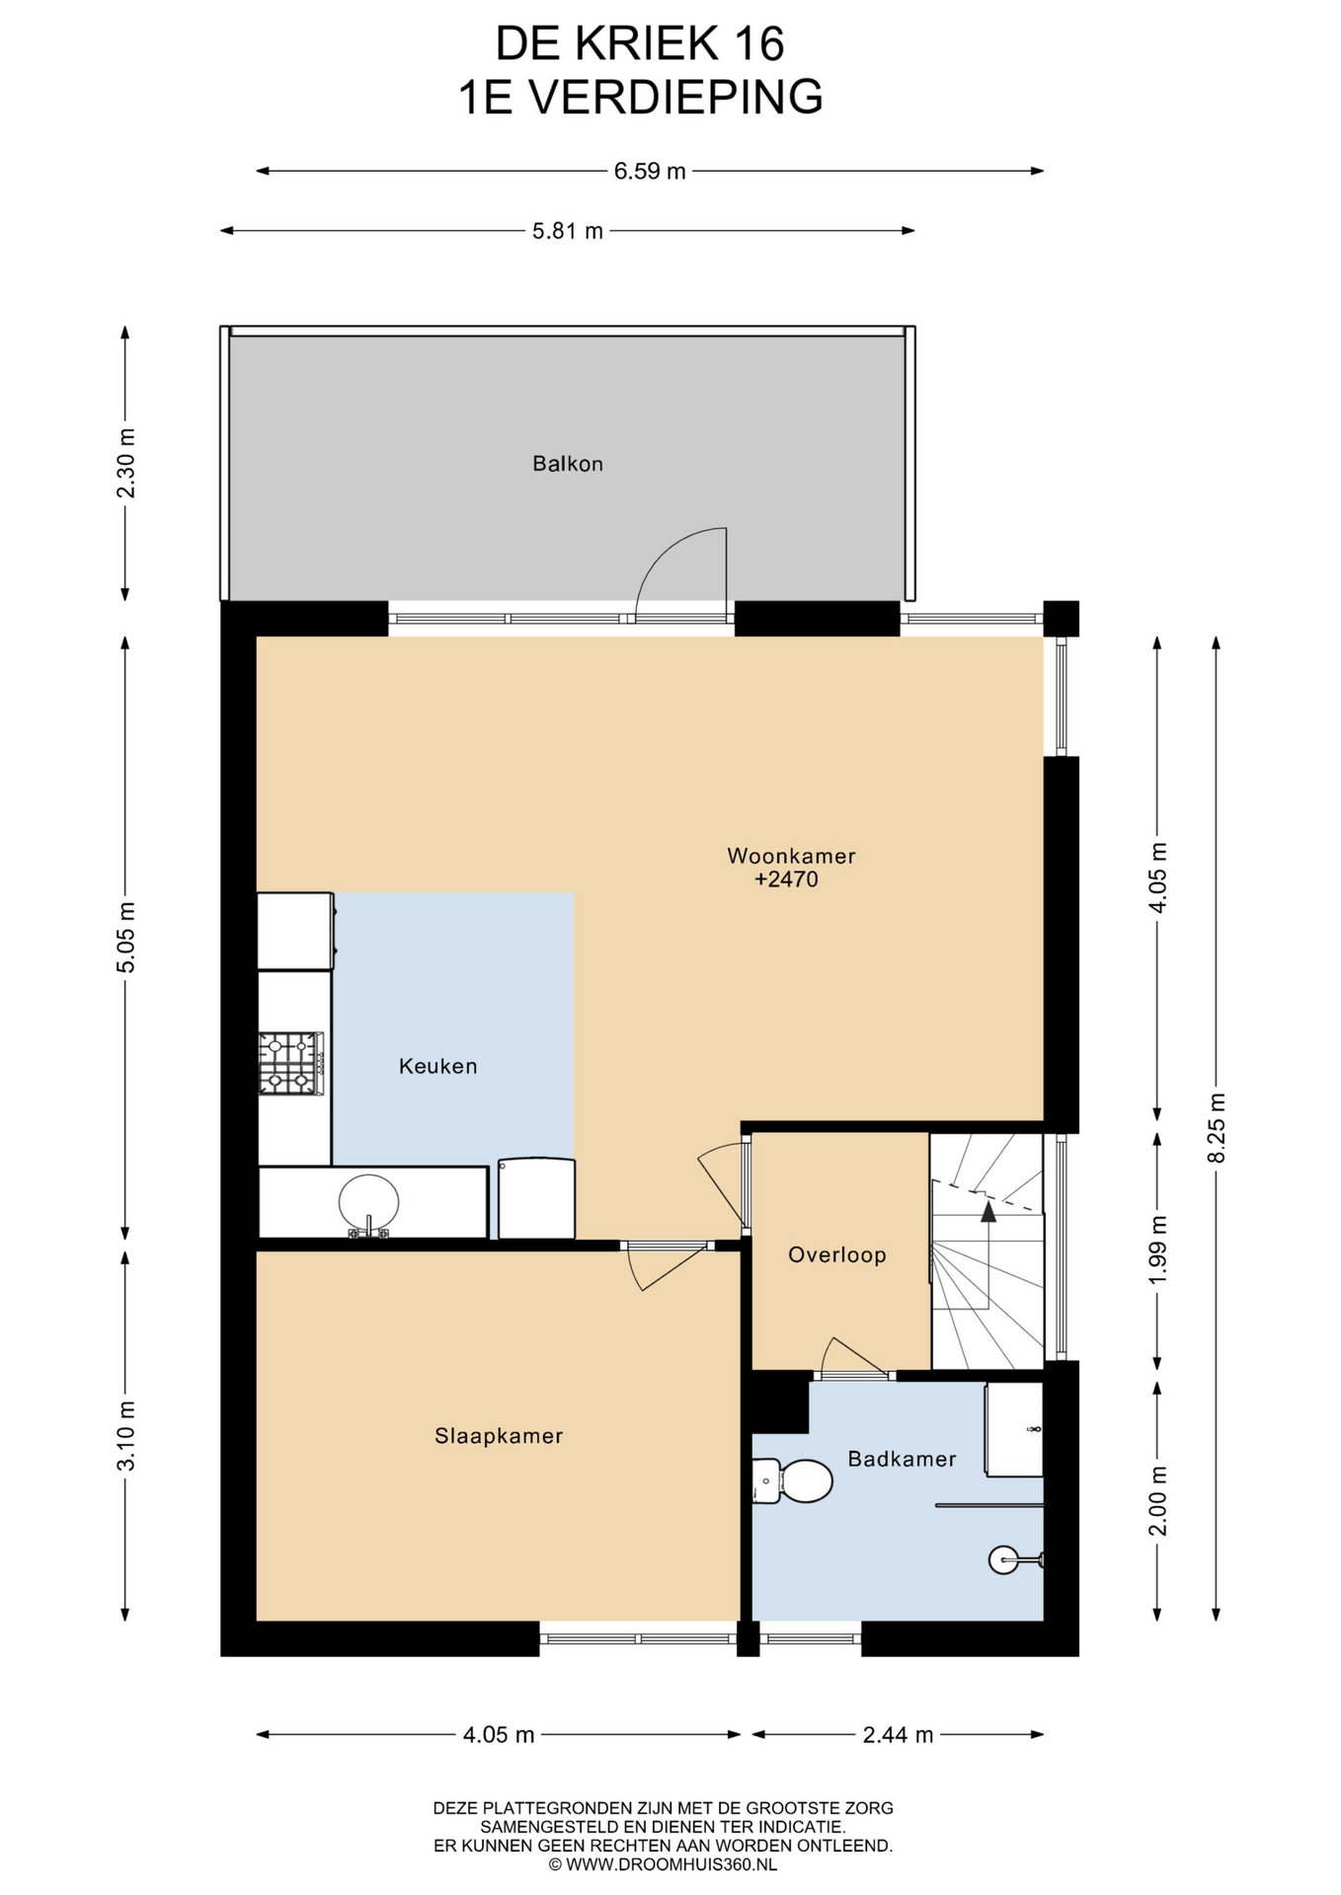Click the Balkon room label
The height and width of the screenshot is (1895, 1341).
tap(568, 464)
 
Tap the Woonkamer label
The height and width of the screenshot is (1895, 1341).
tap(791, 856)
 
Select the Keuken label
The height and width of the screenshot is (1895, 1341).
tap(438, 1066)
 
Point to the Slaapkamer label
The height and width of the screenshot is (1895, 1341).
tap(499, 1436)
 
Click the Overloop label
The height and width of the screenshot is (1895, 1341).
tap(837, 1254)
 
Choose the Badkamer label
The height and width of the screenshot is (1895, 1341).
tap(903, 1459)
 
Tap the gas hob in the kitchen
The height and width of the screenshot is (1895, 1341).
tap(291, 1063)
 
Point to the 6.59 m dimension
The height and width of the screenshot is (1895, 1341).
tap(650, 171)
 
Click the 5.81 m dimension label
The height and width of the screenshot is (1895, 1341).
tap(568, 231)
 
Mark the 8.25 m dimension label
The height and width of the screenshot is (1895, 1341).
tap(1217, 1127)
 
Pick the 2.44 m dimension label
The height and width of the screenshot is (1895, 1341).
tap(898, 1734)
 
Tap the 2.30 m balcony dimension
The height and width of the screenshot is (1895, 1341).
tap(125, 463)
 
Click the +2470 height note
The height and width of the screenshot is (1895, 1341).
tap(787, 879)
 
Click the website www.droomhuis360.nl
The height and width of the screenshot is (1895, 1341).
tap(663, 1864)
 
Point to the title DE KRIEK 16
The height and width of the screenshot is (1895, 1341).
tap(640, 43)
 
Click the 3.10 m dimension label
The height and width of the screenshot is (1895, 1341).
tap(125, 1436)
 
